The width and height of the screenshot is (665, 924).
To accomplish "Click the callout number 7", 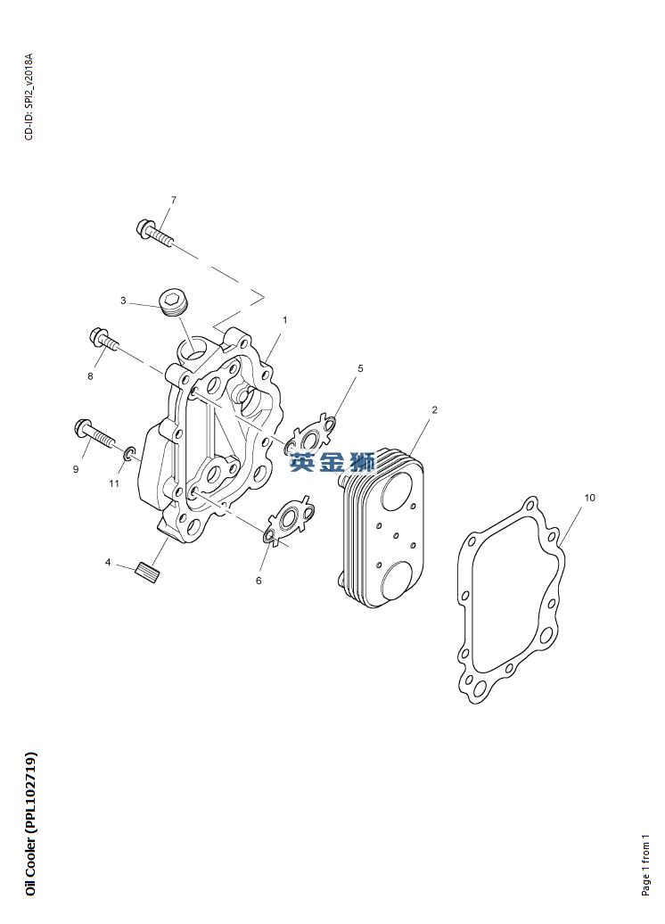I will [x=173, y=200].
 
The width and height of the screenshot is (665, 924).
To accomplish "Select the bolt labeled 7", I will [x=153, y=231].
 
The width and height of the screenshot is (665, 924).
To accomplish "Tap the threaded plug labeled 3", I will [x=173, y=302].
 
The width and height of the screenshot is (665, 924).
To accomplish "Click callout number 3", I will [x=123, y=301].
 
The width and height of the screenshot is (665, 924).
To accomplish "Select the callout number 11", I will [x=114, y=483].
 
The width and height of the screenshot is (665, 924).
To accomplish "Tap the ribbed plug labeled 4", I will [x=148, y=572].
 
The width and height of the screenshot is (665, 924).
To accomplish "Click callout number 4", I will [x=108, y=563].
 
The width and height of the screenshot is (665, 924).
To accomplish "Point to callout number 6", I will [x=259, y=580].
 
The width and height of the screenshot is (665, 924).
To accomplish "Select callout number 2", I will [x=434, y=410].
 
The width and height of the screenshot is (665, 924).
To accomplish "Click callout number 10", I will [x=589, y=497].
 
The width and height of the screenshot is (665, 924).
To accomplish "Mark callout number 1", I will [x=285, y=319].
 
